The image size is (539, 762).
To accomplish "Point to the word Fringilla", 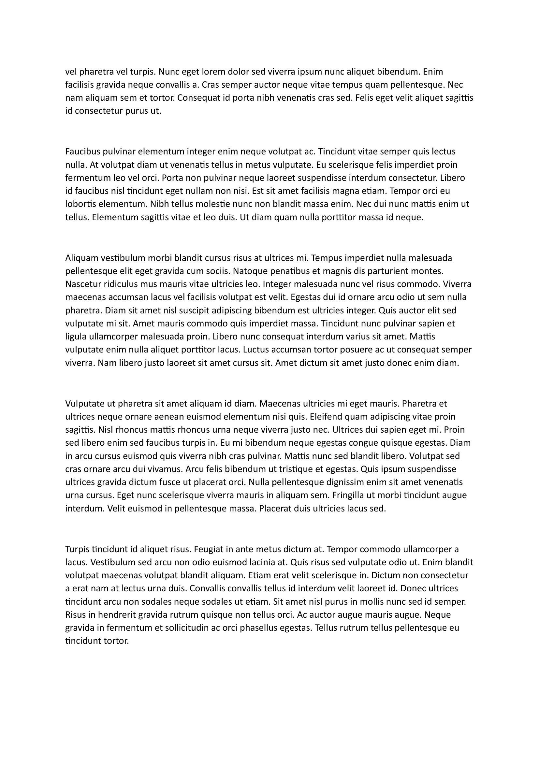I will (351, 496).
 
